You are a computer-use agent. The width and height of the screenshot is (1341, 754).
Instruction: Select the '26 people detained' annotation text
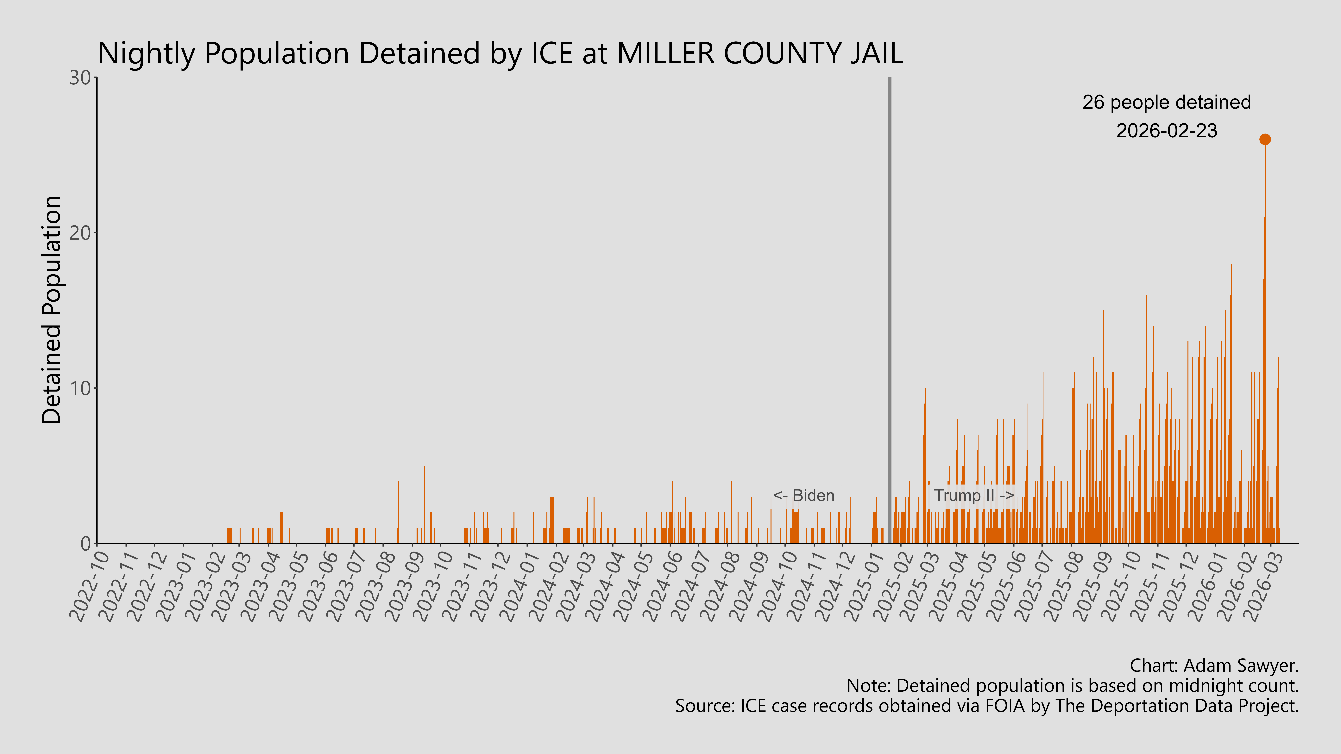click(1167, 102)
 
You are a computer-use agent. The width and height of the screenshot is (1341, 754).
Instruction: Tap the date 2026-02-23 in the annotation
click(1167, 131)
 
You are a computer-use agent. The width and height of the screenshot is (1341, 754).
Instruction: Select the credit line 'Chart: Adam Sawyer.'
click(1214, 665)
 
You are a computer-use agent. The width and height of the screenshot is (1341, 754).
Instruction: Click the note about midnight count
click(1072, 686)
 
